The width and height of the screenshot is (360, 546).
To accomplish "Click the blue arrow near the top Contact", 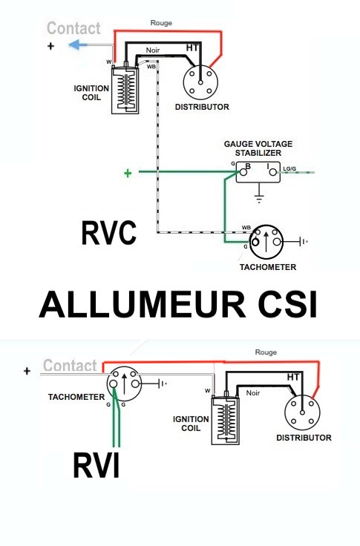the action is [x=78, y=45].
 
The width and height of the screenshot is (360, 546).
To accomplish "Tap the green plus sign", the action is [x=128, y=173].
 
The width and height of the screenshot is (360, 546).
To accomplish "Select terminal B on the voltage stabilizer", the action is [x=243, y=172].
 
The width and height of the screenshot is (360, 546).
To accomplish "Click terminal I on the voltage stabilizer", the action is [x=273, y=172].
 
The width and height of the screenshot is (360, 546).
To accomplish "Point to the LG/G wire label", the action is [x=289, y=169].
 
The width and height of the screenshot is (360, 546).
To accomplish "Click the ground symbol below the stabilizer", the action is [x=259, y=197].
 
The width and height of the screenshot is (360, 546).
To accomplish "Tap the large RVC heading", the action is [x=108, y=233].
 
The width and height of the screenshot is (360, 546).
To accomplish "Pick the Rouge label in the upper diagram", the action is [x=161, y=23].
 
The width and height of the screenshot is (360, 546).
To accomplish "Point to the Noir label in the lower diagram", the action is [x=253, y=392].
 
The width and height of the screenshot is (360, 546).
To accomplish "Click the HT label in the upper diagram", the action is [x=192, y=47].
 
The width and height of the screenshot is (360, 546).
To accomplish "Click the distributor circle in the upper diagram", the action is [x=200, y=82].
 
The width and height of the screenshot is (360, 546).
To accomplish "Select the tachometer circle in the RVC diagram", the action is [x=266, y=242].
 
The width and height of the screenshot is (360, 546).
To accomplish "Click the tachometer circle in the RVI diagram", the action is [x=124, y=384].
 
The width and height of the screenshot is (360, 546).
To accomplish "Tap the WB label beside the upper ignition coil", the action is [x=151, y=66].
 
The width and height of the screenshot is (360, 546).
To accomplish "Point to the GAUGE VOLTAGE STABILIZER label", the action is [x=258, y=148].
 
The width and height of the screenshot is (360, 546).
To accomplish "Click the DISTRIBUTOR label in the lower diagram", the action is [x=304, y=438].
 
